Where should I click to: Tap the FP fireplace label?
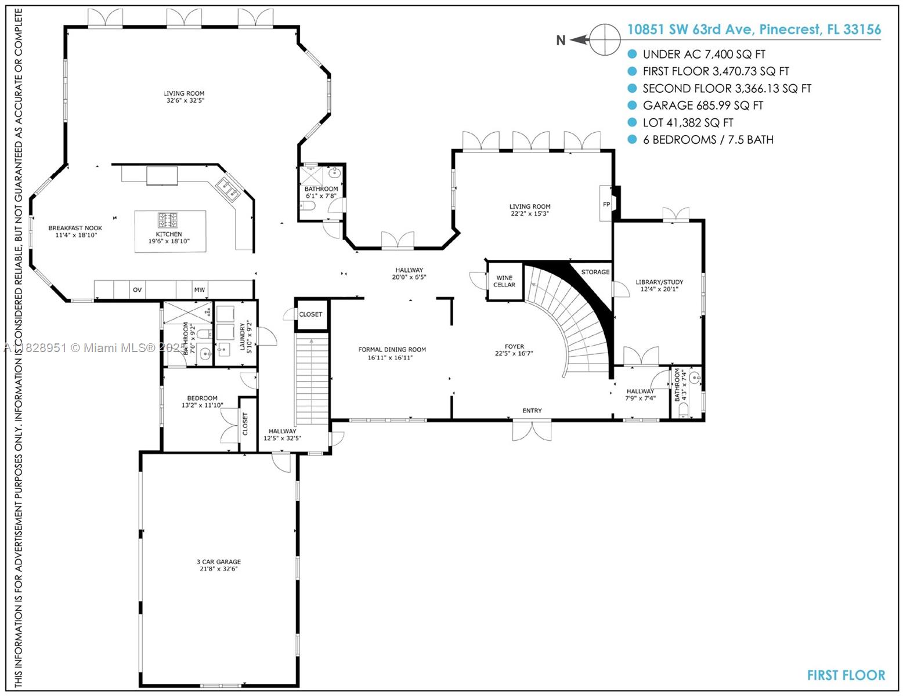[606, 204]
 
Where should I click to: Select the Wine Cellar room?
[504, 281]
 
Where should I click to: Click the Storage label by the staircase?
[595, 272]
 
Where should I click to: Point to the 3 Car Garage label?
[218, 565]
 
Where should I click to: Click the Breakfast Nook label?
[75, 231]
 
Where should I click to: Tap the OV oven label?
[138, 289]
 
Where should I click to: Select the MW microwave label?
[199, 289]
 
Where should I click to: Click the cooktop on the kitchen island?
[168, 220]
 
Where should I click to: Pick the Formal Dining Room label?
[392, 353]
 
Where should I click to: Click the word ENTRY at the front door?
[532, 411]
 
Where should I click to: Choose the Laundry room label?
[245, 337]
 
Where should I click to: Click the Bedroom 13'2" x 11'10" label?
[202, 401]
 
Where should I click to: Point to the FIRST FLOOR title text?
[846, 675]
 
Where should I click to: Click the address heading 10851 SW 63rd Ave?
[753, 30]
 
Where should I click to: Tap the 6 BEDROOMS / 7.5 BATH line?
[707, 140]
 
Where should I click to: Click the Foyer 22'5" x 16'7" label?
[514, 350]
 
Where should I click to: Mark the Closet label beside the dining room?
[310, 314]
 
